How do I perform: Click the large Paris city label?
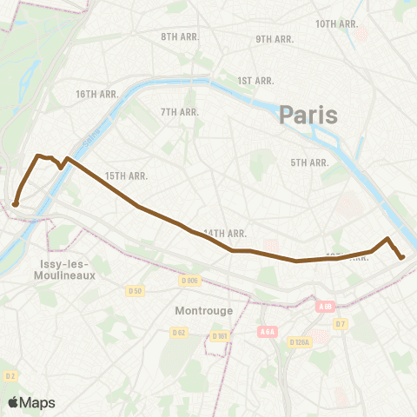[308, 115]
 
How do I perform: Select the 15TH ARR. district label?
[126, 175]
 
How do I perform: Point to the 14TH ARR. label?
[226, 233]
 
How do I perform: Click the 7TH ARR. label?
[181, 112]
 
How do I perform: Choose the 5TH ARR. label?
[308, 162]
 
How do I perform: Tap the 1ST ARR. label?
[255, 80]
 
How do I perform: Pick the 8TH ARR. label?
[181, 37]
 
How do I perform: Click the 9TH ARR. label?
[275, 40]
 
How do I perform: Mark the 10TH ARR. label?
[336, 23]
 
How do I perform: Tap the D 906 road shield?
[189, 280]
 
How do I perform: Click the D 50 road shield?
[134, 290]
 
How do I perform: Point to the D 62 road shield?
[179, 332]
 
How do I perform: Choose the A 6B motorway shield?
[326, 307]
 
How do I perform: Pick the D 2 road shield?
[10, 376]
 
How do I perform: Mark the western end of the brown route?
[16, 204]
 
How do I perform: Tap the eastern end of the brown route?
[401, 256]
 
